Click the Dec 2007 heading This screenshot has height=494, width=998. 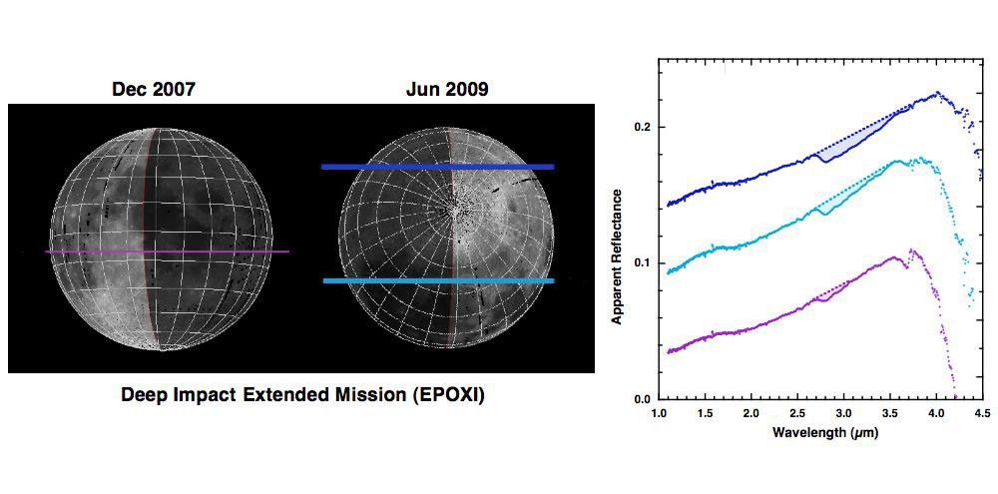[153, 90]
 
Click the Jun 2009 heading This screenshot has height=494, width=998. [447, 90]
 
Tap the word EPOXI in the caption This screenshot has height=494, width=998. [447, 394]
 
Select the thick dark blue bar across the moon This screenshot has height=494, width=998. [437, 167]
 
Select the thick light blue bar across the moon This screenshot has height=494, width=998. [437, 281]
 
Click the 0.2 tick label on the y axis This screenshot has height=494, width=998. [644, 128]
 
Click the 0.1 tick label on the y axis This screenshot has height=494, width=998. [644, 263]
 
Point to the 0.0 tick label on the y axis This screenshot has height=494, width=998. [644, 399]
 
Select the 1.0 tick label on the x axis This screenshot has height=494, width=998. [659, 412]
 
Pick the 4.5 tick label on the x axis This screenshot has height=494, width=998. [982, 412]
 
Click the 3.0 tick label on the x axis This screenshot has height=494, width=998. [843, 412]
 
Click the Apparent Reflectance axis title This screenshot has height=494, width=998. [618, 255]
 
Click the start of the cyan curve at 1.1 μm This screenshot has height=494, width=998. [669, 271]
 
